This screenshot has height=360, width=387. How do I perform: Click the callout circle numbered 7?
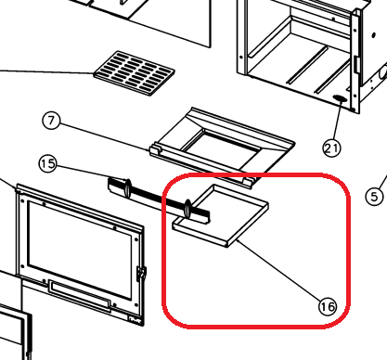(x=51, y=121)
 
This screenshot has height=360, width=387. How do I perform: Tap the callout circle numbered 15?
(x=48, y=163)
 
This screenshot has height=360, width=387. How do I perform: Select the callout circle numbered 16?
(x=328, y=307)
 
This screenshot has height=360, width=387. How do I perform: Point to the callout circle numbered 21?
(x=331, y=148)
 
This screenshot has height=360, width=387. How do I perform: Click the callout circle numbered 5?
(x=374, y=196)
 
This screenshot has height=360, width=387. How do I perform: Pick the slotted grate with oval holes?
(x=135, y=73)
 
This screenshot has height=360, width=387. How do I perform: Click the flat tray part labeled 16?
(x=220, y=215)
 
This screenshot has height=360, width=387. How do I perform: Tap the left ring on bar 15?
(x=127, y=187)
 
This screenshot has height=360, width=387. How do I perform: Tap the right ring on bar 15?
(x=187, y=209)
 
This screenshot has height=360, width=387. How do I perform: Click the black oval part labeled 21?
(x=340, y=98)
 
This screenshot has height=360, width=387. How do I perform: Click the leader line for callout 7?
(x=104, y=137)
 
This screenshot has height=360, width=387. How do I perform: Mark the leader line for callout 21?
(x=337, y=121)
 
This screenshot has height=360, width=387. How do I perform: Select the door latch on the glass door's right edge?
(x=141, y=273)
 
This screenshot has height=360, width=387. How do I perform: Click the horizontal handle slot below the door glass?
(x=79, y=295)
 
